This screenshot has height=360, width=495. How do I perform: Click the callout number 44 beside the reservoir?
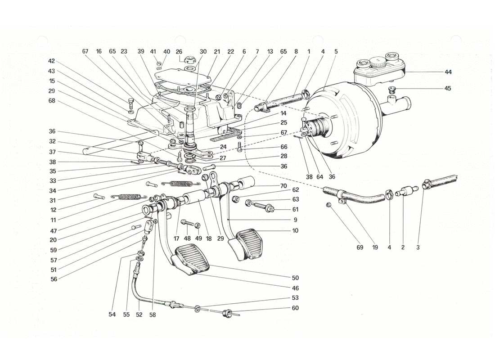[x=448, y=72]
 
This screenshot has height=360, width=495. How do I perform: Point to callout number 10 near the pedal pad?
[x=295, y=230]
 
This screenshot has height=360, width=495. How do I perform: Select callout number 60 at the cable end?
[x=295, y=308]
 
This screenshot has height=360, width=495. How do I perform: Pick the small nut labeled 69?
[x=329, y=205]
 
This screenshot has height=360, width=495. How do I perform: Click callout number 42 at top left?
[x=52, y=60]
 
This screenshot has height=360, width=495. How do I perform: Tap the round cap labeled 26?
[x=190, y=58]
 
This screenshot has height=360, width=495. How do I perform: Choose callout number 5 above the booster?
[x=335, y=51]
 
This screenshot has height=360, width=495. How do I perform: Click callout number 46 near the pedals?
[x=295, y=288]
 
